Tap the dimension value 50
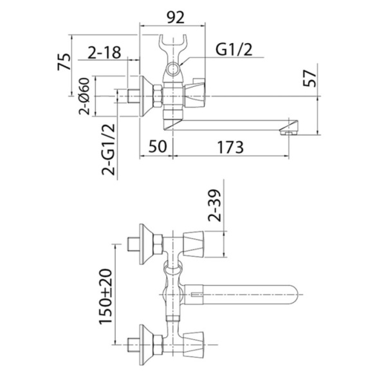coord(154,147)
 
